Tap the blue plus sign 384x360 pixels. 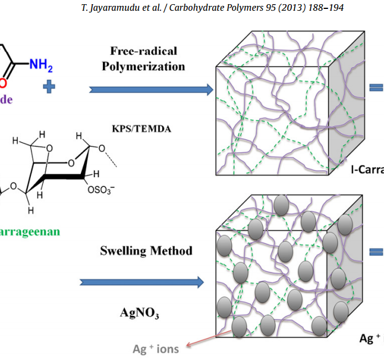pos(49,87)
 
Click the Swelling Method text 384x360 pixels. pos(146,251)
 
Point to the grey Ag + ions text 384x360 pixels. pos(156,349)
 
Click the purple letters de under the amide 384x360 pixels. pos(6,99)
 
